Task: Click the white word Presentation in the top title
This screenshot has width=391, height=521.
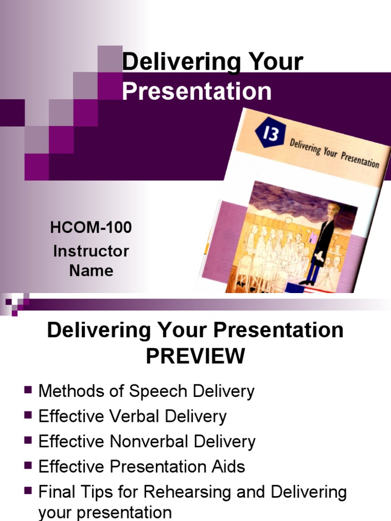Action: coord(197,92)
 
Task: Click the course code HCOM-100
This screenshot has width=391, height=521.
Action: coord(91,227)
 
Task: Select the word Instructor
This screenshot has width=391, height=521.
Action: coord(91,251)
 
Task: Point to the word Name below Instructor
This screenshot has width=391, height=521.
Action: coord(91,270)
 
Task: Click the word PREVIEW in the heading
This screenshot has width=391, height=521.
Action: coord(195,356)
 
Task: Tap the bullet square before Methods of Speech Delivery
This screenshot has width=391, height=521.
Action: coord(28,390)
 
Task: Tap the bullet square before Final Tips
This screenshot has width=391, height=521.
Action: coord(28,491)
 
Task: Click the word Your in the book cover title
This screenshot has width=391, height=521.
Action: coord(330,151)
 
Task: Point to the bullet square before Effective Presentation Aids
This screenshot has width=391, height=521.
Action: coord(28,466)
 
